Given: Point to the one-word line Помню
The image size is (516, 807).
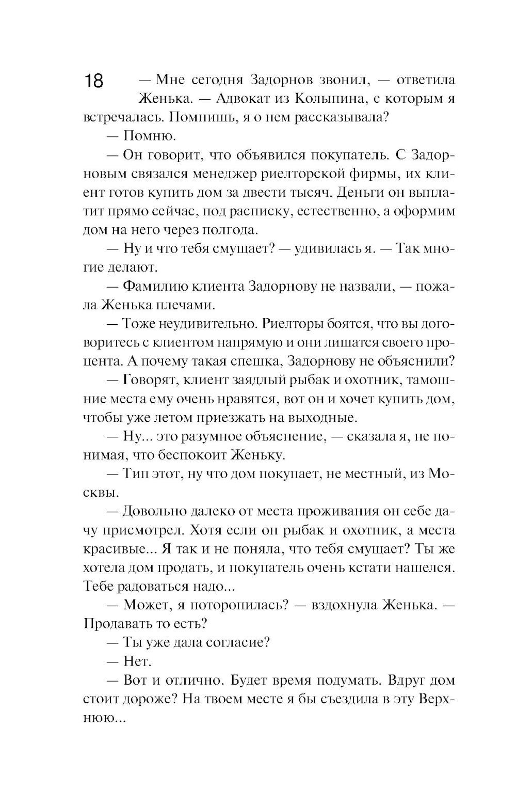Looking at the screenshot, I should point(150,136).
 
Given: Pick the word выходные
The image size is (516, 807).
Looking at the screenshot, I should point(329,417).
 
